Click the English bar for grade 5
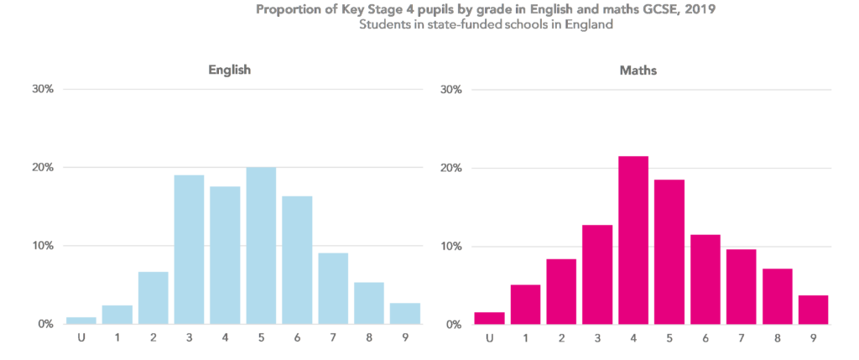(x=261, y=246)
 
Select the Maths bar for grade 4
(x=633, y=240)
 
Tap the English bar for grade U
(x=81, y=320)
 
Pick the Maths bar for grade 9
(x=813, y=310)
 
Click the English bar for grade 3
(x=189, y=249)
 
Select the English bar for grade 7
(x=332, y=288)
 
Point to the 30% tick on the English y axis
(x=42, y=89)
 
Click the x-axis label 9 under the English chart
(x=404, y=339)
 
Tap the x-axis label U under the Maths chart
(x=489, y=339)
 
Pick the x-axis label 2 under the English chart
(x=154, y=339)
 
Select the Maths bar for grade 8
(x=778, y=296)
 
